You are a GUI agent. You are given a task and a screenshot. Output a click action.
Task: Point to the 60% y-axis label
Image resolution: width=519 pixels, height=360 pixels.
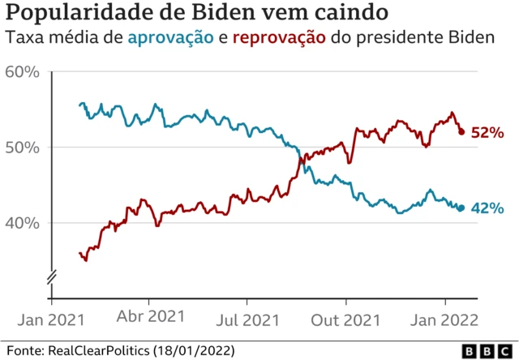pyautogui.click(x=22, y=72)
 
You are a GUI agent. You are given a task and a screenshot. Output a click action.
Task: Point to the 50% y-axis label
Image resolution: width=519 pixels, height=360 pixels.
pyautogui.click(x=22, y=148)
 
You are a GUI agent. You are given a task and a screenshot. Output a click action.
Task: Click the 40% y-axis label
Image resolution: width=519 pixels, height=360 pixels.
pyautogui.click(x=22, y=223)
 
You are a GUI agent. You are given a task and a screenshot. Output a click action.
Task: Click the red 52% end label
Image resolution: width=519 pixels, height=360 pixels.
pyautogui.click(x=488, y=133)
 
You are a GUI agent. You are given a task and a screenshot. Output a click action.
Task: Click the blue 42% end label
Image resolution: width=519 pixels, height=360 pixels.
pyautogui.click(x=488, y=208)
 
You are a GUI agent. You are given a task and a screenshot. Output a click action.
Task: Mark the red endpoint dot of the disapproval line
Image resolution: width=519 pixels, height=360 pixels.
pyautogui.click(x=461, y=131)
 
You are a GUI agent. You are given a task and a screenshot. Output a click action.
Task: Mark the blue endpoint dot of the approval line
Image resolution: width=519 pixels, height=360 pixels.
pyautogui.click(x=461, y=208)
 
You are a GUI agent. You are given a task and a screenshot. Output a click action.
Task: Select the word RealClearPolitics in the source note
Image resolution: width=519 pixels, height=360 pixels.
pyautogui.click(x=100, y=350)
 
